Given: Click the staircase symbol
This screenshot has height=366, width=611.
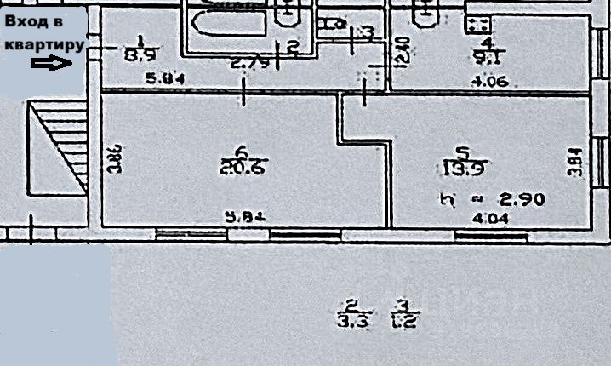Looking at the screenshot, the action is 60,146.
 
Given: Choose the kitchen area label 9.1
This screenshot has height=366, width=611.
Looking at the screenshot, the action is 487,58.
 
